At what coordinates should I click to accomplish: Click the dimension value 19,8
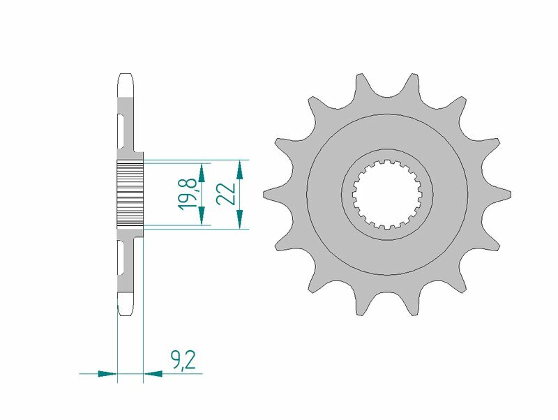(186, 193)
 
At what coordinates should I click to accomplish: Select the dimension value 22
(225, 193)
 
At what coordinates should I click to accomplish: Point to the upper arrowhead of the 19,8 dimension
(202, 170)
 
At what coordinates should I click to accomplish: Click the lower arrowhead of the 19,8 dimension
(202, 218)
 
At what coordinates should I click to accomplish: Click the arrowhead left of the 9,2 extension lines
(107, 374)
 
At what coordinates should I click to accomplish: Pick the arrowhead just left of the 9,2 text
(153, 374)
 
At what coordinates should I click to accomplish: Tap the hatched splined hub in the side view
(130, 192)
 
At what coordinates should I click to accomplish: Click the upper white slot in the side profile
(123, 129)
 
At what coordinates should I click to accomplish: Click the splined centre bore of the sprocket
(386, 193)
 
